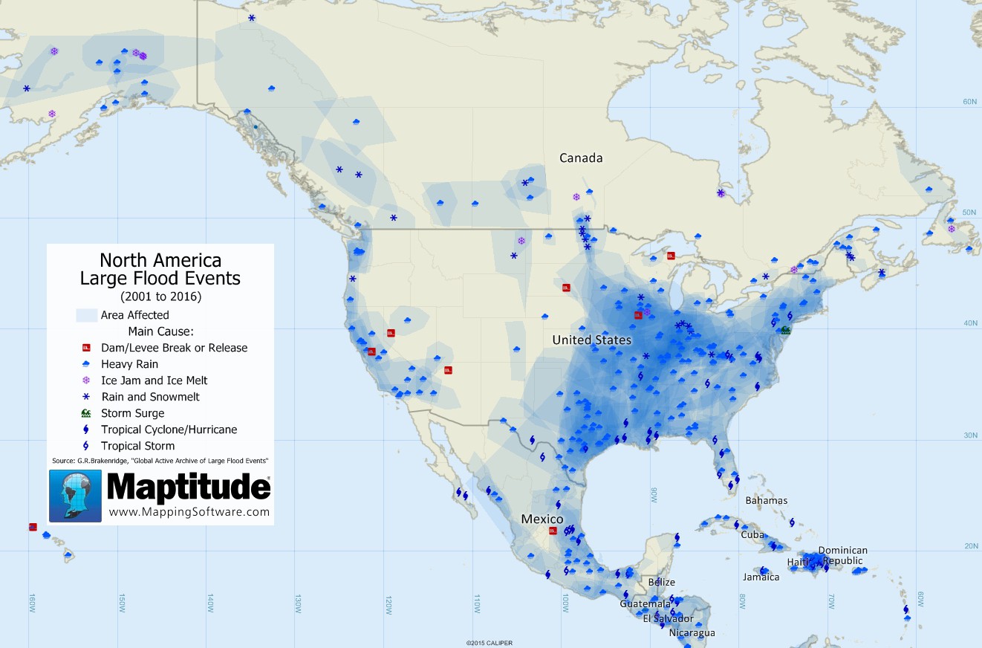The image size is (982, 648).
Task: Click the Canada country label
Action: click(581, 158)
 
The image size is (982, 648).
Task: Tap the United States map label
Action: click(591, 340)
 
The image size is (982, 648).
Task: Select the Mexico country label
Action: click(542, 519)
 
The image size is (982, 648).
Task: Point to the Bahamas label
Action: click(766, 500)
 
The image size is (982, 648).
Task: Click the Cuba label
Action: click(752, 534)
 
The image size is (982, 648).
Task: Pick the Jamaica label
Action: click(761, 577)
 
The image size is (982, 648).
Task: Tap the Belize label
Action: click(661, 582)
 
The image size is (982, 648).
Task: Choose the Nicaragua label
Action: click(692, 633)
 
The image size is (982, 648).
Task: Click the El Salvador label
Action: click(668, 618)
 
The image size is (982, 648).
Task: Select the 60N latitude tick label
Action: click(969, 102)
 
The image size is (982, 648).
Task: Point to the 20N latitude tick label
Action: click(969, 546)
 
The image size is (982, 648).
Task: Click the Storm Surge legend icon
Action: click(86, 413)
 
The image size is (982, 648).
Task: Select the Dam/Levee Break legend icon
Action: click(86, 348)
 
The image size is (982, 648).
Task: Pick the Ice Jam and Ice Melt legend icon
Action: click(86, 380)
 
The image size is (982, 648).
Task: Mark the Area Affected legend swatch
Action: click(86, 315)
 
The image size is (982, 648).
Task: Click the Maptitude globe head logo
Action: click(75, 496)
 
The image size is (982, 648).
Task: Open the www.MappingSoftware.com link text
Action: click(189, 512)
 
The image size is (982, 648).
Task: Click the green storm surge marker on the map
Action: click(785, 330)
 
